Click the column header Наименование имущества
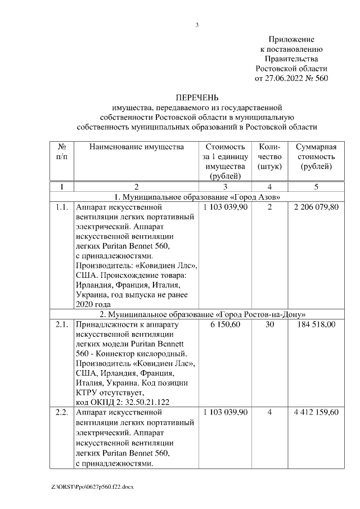[x=136, y=147]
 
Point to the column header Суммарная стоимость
[x=316, y=157]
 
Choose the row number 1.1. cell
[x=62, y=208]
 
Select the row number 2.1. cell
[x=62, y=325]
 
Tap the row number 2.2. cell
[x=62, y=412]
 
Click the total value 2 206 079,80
[x=316, y=208]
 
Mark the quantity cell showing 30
[x=269, y=325]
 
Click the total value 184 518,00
[x=316, y=325]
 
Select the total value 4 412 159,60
[x=316, y=412]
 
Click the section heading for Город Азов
[x=197, y=197]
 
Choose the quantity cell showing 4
[x=269, y=412]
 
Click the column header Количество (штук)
[x=269, y=157]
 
